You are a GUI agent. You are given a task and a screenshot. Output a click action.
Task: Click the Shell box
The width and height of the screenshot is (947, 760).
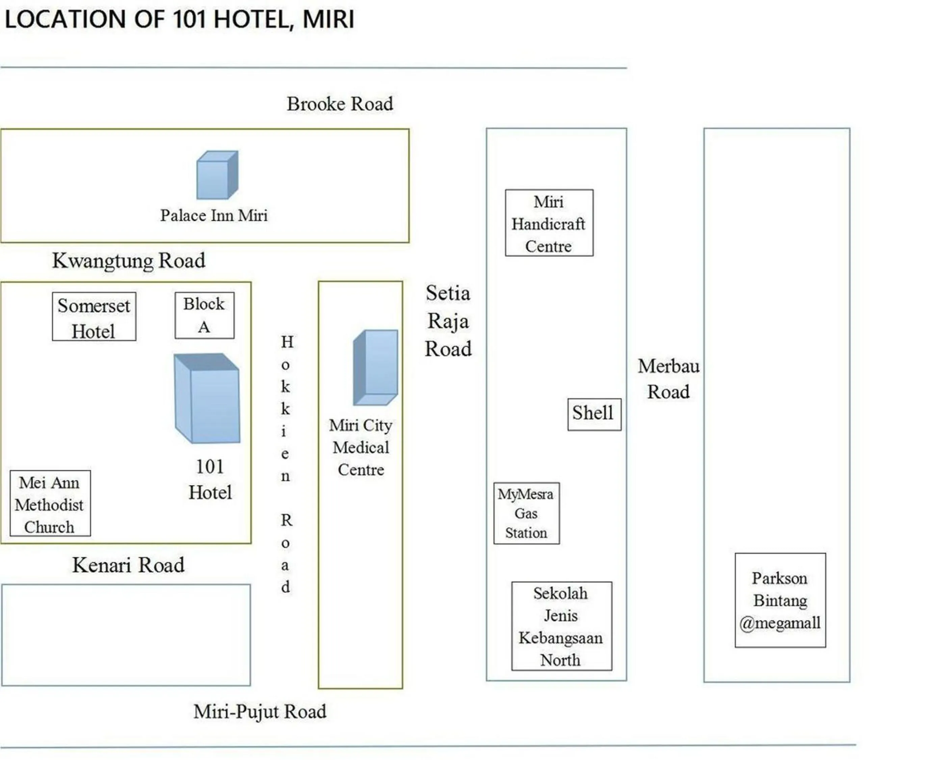pyautogui.click(x=594, y=414)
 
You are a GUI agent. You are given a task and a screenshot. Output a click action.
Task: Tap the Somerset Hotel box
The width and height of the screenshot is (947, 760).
pyautogui.click(x=94, y=316)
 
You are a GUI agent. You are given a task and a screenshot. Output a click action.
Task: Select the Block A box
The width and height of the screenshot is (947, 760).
pyautogui.click(x=204, y=315)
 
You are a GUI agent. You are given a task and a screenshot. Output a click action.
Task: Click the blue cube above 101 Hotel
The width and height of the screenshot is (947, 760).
pyautogui.click(x=207, y=398)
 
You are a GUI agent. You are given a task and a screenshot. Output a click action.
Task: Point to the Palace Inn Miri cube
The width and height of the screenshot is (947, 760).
pyautogui.click(x=217, y=175)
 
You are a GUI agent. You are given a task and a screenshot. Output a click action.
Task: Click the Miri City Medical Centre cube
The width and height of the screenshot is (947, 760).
pyautogui.click(x=375, y=368)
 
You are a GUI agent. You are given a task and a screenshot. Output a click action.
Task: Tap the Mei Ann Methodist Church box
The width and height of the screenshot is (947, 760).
pyautogui.click(x=50, y=503)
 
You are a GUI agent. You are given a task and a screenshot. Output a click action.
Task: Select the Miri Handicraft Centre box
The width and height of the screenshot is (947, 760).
pyautogui.click(x=549, y=223)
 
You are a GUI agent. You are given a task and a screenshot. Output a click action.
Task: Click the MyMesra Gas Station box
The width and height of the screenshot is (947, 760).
pyautogui.click(x=526, y=513)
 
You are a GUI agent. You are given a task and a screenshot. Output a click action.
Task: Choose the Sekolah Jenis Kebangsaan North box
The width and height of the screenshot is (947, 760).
pyautogui.click(x=561, y=626)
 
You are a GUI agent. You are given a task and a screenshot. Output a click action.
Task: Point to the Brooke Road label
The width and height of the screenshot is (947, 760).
pyautogui.click(x=340, y=104)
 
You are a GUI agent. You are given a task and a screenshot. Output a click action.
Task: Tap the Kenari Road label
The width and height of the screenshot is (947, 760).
pyautogui.click(x=128, y=565)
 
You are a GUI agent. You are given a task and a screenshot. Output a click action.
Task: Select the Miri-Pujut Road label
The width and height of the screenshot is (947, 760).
pyautogui.click(x=260, y=712)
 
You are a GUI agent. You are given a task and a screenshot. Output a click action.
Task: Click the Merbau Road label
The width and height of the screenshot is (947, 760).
pyautogui.click(x=668, y=379)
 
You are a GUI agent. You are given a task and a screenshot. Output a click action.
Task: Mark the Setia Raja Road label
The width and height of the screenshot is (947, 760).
pyautogui.click(x=448, y=321)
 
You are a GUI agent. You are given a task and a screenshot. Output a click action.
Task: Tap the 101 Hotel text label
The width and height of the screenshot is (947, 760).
pyautogui.click(x=210, y=480)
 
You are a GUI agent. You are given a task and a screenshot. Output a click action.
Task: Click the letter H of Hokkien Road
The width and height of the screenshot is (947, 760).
pyautogui.click(x=287, y=341)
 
